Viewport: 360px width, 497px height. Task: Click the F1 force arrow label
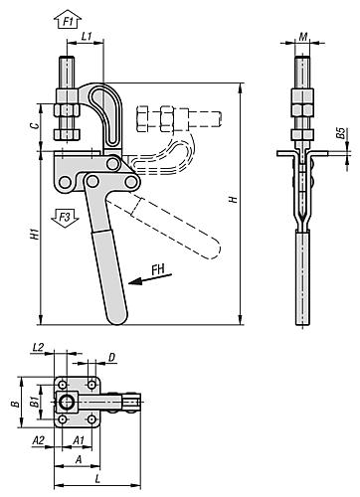(68, 20)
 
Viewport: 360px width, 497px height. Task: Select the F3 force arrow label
(62, 215)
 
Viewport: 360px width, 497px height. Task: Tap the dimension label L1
(88, 37)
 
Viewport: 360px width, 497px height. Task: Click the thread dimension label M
(303, 38)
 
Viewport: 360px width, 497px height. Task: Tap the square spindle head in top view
(68, 403)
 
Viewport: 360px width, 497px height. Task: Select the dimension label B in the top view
(15, 404)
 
